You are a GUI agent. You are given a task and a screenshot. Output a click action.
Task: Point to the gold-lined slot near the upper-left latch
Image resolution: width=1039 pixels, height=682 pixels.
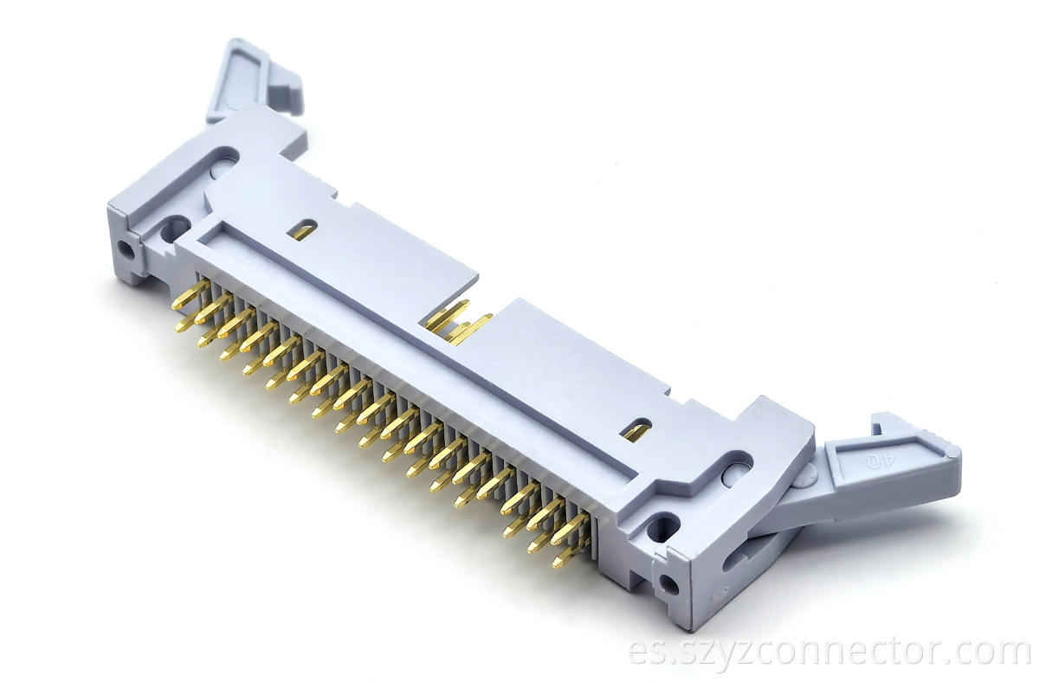point(302,230)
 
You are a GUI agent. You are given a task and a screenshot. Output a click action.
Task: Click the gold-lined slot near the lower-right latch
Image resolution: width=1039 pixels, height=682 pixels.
point(639,430)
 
